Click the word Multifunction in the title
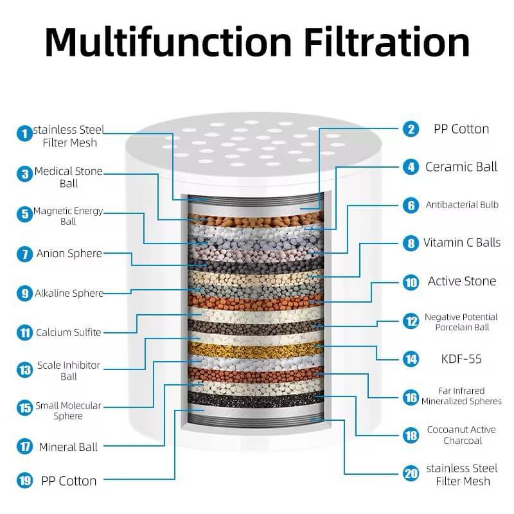pos(168,42)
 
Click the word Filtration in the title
pos(387,42)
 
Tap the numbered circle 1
pos(24,134)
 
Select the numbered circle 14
pos(411,359)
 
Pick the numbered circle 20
pos(411,474)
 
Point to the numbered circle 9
pos(24,294)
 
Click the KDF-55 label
pos(461,359)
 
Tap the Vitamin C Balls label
pos(462,243)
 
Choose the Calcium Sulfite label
pos(69,332)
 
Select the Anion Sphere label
pos(69,253)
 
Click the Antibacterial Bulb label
pos(462,204)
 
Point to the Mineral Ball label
pos(68,447)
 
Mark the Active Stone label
pos(462,281)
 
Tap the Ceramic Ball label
pos(461,167)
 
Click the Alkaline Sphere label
pos(69,293)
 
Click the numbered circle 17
pos(24,447)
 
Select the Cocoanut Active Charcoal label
pos(461,435)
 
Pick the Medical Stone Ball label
pos(69,177)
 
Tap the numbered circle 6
pos(411,206)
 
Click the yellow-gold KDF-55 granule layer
pos(256,351)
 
